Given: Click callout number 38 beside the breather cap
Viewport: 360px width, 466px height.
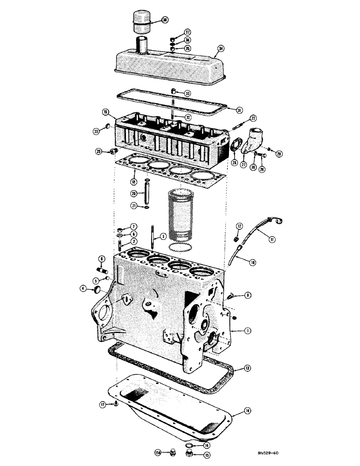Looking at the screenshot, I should [165, 20].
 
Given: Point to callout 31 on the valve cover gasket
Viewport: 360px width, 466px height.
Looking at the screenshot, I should [239, 110].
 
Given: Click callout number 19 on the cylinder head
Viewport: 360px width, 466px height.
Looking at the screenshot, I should [106, 112].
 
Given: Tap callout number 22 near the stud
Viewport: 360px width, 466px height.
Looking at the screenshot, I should [253, 118].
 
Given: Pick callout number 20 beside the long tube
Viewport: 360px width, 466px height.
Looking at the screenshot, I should [133, 193].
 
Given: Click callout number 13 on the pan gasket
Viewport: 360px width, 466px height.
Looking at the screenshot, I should [248, 368].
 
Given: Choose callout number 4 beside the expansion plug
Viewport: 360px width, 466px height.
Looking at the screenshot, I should [83, 289].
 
